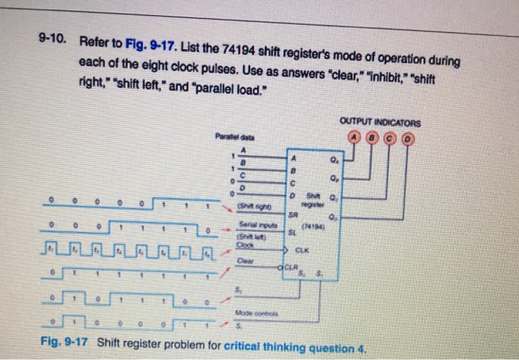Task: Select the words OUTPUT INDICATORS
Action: coord(380,122)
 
